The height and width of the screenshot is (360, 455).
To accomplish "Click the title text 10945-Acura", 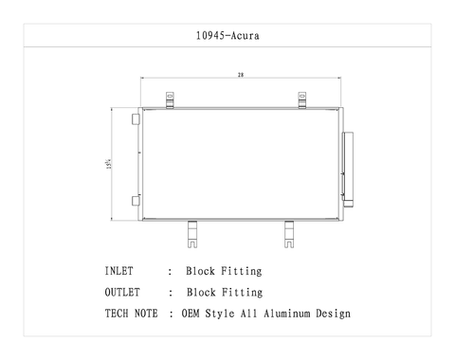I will pyautogui.click(x=227, y=36).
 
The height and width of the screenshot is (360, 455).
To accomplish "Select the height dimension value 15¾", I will pyautogui.click(x=111, y=165).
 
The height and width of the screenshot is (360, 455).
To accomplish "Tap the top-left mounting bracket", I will pyautogui.click(x=171, y=99).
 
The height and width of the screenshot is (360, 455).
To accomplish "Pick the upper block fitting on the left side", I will pyautogui.click(x=136, y=120).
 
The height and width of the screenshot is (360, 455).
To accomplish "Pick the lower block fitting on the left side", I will pyautogui.click(x=136, y=200).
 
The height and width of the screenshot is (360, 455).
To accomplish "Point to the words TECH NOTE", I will pyautogui.click(x=132, y=313).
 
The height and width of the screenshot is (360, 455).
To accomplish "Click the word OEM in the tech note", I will pyautogui.click(x=193, y=313).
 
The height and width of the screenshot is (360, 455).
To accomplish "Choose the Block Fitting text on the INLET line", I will pyautogui.click(x=224, y=271).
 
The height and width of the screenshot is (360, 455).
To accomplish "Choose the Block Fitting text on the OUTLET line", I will pyautogui.click(x=225, y=292).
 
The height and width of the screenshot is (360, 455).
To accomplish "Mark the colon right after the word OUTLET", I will pyautogui.click(x=170, y=293).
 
